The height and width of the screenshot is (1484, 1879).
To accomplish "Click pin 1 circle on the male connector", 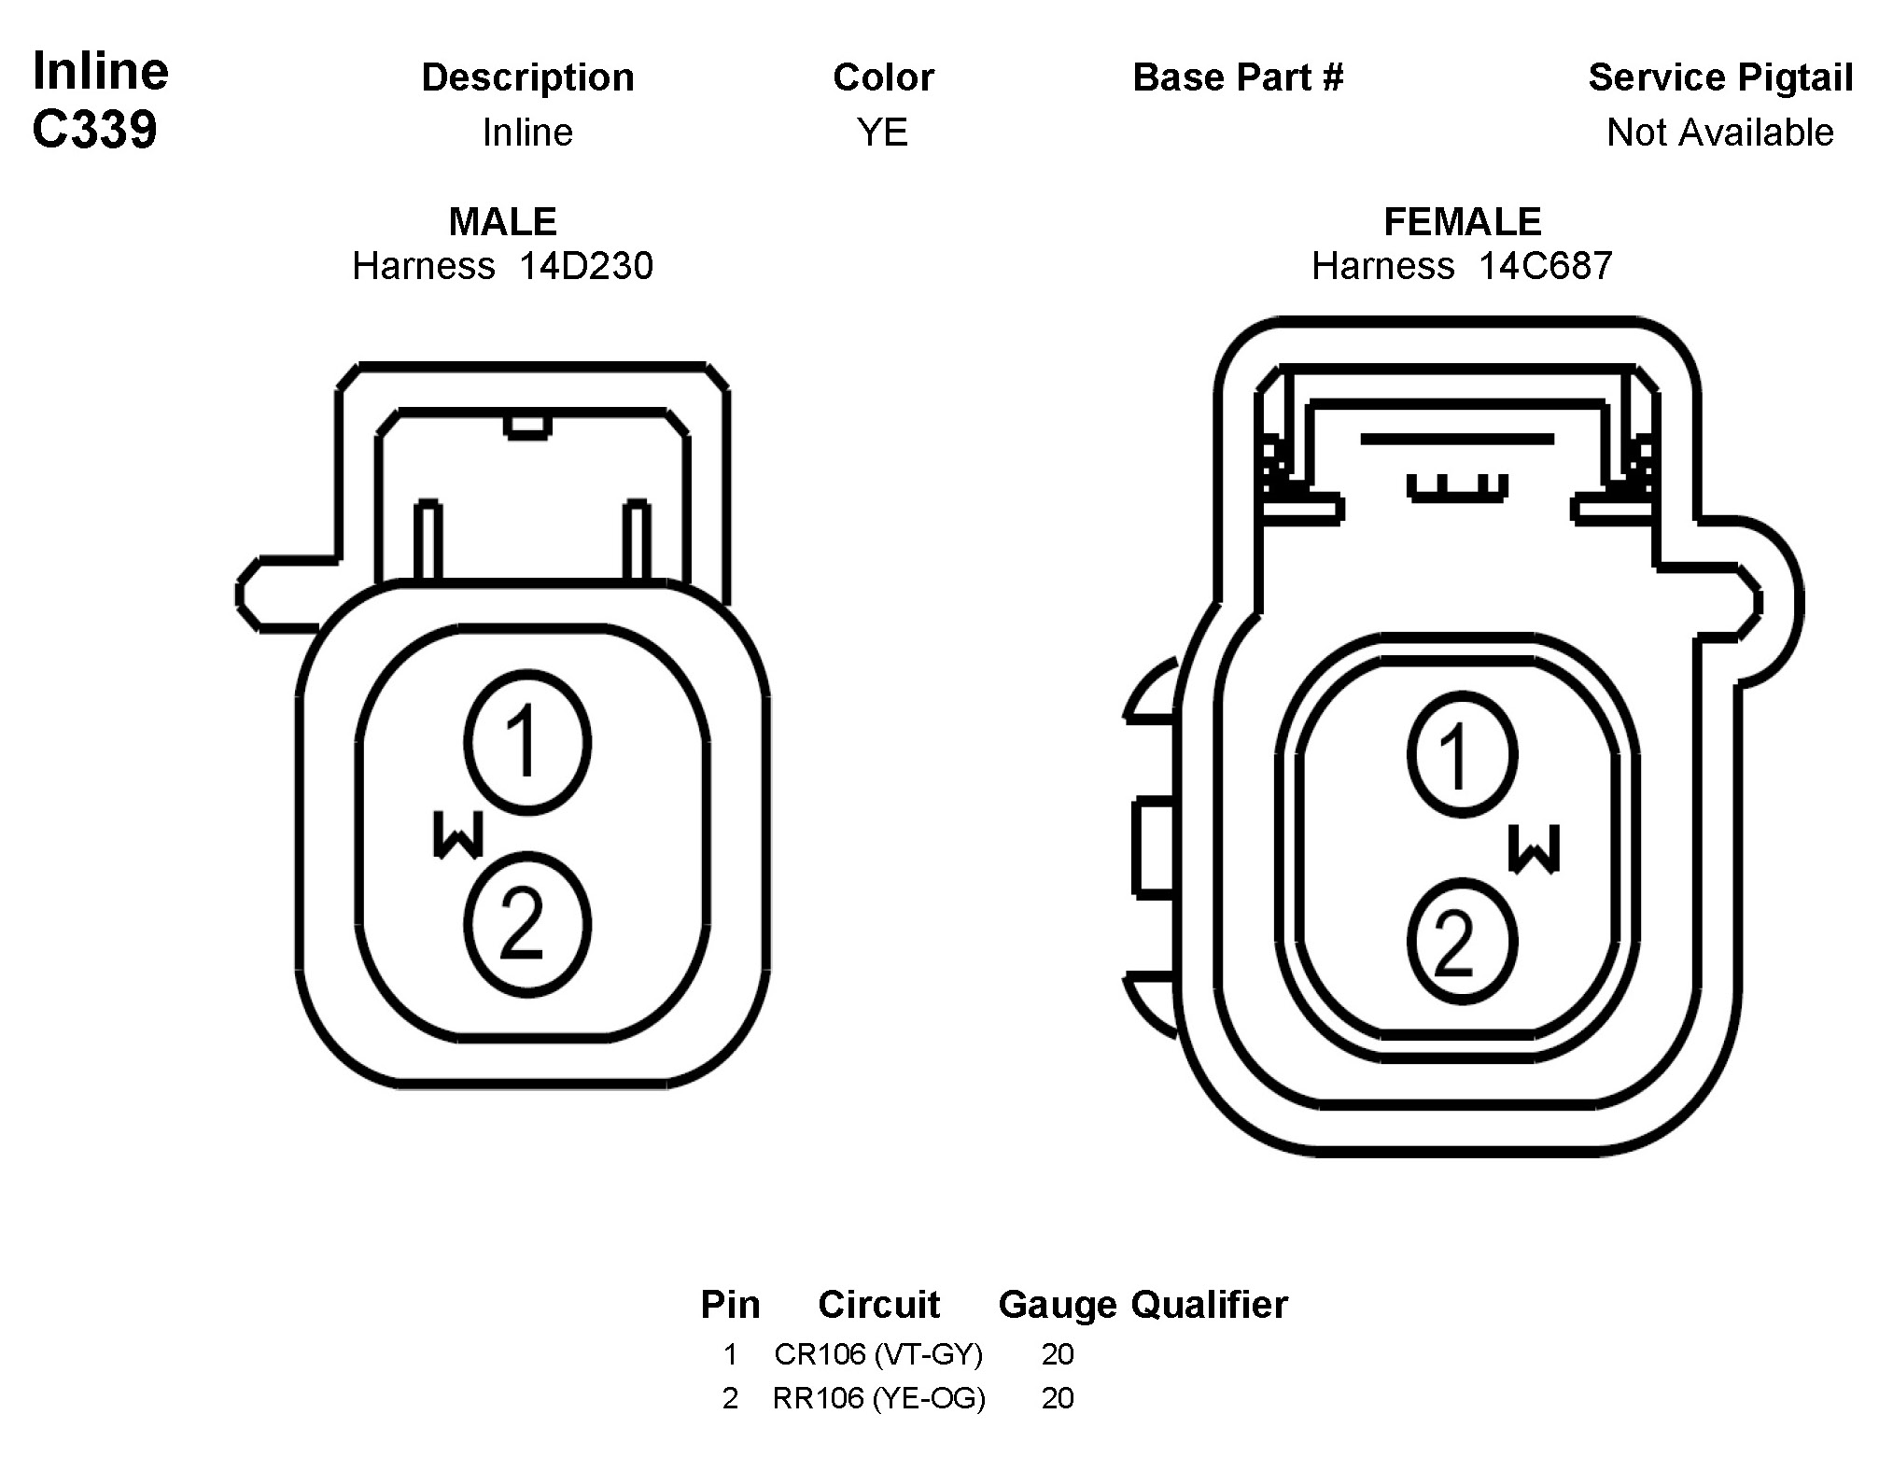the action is tap(527, 743).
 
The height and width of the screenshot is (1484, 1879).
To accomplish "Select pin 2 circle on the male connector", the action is tap(527, 925).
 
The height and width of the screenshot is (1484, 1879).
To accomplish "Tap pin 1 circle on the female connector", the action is tap(1462, 755).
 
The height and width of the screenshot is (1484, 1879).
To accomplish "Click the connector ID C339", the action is tap(94, 129).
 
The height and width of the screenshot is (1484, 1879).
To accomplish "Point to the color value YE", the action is tap(882, 133).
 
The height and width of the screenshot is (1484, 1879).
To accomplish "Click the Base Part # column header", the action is tap(1238, 77).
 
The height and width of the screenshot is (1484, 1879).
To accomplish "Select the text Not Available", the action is tap(1719, 133).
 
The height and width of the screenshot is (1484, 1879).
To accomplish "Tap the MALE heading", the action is tap(502, 222).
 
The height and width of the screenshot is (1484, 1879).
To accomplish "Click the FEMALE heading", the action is tap(1462, 222).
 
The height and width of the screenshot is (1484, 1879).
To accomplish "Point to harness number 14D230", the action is tap(586, 267).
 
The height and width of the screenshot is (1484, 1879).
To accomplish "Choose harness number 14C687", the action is tap(1545, 267).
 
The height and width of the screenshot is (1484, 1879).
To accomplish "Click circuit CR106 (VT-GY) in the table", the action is tap(878, 1353).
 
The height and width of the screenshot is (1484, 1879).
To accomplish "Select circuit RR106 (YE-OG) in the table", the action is tap(878, 1397).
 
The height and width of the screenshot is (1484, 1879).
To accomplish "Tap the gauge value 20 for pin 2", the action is tap(1057, 1397).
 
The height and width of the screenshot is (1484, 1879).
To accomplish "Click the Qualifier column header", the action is tap(1209, 1305).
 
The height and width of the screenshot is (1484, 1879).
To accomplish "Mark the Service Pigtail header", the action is tap(1720, 77).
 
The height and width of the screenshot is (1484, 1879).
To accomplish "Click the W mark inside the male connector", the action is tap(458, 834).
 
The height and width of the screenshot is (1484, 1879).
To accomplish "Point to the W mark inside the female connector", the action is tap(1534, 849).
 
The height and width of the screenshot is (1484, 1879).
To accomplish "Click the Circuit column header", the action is tap(878, 1305).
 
